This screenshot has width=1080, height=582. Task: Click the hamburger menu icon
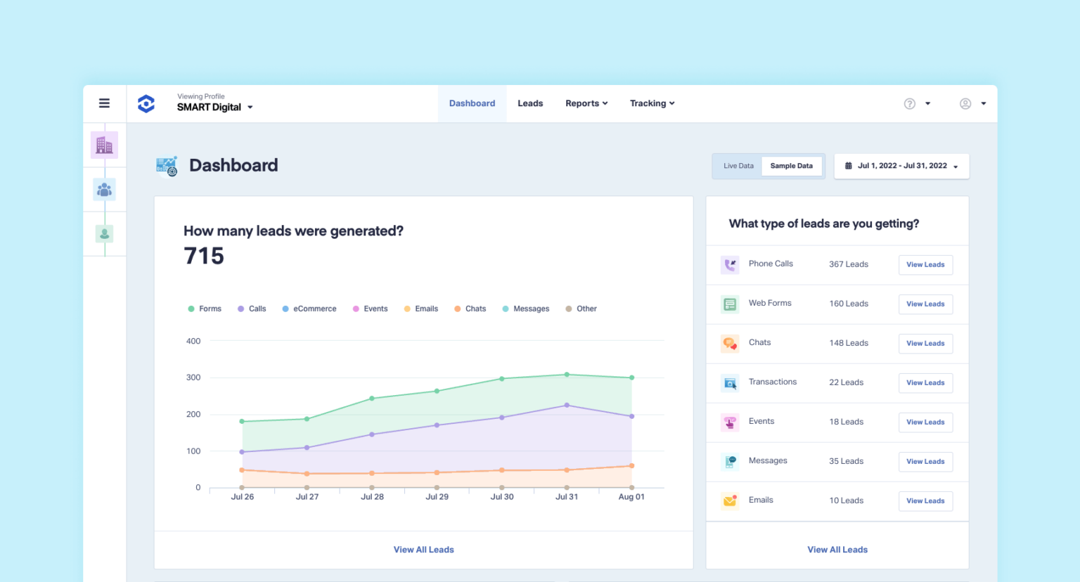(x=104, y=103)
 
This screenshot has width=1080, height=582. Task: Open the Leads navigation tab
(x=530, y=103)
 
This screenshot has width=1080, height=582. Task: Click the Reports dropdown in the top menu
(x=586, y=103)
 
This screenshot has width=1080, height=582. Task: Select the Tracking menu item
(x=651, y=103)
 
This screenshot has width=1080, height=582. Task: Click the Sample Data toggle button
(x=791, y=166)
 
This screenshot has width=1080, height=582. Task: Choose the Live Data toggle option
(x=738, y=166)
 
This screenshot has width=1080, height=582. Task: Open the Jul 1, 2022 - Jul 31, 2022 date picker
(x=901, y=166)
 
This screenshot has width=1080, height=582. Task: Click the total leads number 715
(x=204, y=256)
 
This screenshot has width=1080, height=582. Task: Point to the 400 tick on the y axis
(x=193, y=341)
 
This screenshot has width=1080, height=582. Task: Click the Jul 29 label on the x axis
(x=437, y=497)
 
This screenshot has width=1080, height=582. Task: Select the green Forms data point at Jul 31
(x=567, y=375)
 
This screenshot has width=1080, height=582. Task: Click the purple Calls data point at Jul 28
(x=372, y=434)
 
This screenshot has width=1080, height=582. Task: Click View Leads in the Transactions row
(x=925, y=383)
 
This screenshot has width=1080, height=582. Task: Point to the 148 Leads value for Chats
(x=849, y=343)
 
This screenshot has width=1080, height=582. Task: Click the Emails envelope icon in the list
(x=730, y=500)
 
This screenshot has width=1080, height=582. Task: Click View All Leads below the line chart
(x=423, y=550)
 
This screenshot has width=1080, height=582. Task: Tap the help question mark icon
(x=909, y=104)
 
